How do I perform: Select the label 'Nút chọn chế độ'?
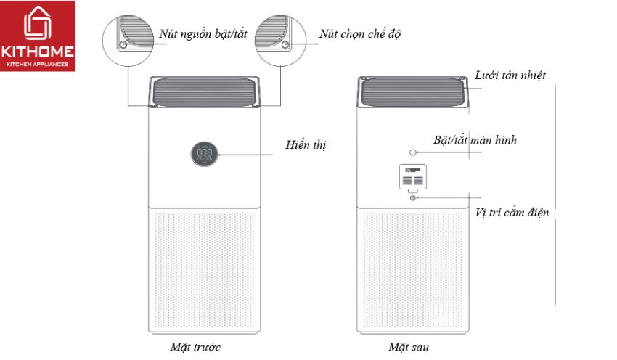click(360, 34)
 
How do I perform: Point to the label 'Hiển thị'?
click(306, 145)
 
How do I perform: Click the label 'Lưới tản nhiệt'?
click(510, 75)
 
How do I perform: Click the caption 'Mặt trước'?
click(195, 346)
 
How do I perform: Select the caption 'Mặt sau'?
click(409, 346)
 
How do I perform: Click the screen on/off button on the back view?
click(413, 152)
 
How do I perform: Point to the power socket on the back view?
click(413, 197)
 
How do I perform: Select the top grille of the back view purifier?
click(414, 93)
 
